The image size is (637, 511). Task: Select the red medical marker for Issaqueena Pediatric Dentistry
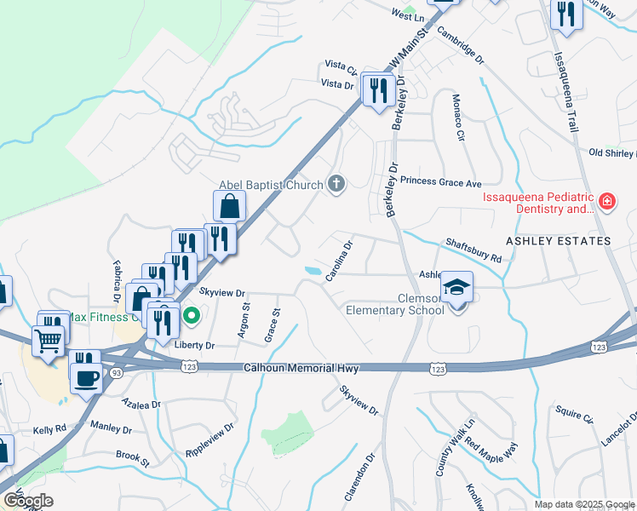tap(606, 202)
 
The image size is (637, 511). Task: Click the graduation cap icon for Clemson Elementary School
tap(457, 289)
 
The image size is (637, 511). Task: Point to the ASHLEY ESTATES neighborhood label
tap(558, 241)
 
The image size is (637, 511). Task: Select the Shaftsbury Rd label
tap(473, 244)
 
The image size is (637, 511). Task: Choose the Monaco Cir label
tap(459, 118)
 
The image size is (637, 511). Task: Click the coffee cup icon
tap(86, 376)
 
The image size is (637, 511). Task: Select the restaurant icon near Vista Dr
tap(377, 89)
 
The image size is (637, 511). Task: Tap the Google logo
tap(28, 500)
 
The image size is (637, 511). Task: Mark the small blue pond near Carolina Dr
tap(313, 271)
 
